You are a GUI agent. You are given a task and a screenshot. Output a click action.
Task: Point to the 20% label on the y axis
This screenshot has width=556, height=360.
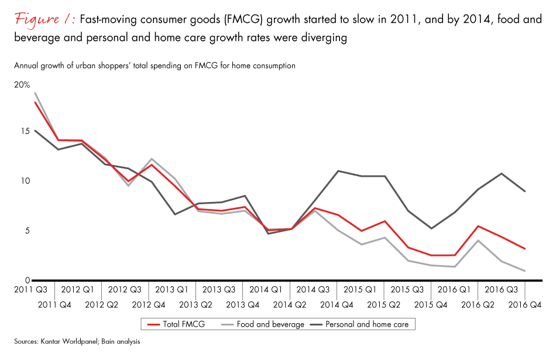[22, 85]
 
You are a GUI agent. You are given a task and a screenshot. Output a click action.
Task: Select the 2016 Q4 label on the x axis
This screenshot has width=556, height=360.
[524, 304]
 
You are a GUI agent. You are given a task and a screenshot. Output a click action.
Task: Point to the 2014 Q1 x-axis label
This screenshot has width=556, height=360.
[266, 289]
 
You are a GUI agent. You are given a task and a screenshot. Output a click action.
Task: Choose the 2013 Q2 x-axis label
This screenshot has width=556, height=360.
[195, 304]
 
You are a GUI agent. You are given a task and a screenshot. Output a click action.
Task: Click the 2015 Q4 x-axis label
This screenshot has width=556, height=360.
[431, 304]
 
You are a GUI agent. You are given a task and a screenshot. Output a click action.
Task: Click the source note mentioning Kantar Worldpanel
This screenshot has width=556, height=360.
[78, 341]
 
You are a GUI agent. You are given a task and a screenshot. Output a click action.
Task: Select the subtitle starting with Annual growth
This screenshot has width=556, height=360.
[155, 66]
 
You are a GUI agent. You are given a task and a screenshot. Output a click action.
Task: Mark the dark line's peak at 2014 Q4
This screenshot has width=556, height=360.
[338, 171]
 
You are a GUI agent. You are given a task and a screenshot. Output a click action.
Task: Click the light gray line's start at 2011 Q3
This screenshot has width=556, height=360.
[35, 92]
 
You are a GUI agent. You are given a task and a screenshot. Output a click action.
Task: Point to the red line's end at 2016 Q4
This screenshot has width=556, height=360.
[525, 249]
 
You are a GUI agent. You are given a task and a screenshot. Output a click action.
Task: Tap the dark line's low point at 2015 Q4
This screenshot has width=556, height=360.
[431, 228]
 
